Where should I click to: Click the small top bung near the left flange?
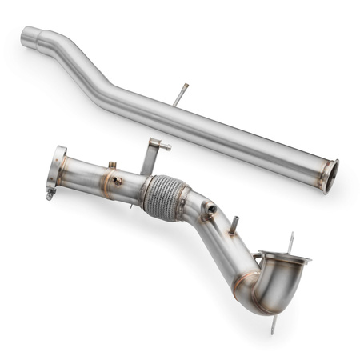(x=111, y=166)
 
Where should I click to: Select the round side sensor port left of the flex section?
(x=118, y=182)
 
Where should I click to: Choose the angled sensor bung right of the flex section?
(x=210, y=210)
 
